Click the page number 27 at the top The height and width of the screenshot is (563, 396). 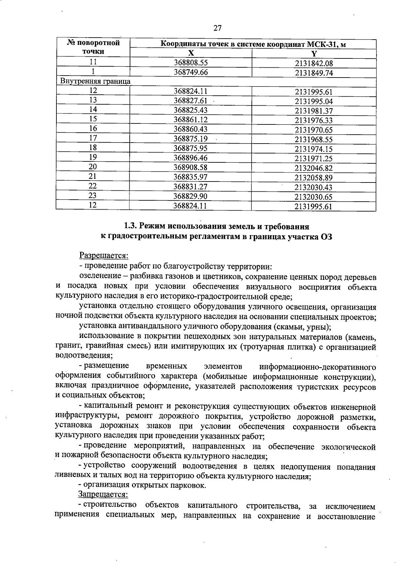pyautogui.click(x=217, y=28)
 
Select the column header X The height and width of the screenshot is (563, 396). pyautogui.click(x=191, y=54)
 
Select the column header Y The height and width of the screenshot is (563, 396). pyautogui.click(x=314, y=54)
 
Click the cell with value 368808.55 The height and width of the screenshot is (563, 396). pyautogui.click(x=191, y=63)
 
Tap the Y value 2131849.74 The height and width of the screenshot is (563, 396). pyautogui.click(x=314, y=73)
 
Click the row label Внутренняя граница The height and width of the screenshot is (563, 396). pyautogui.click(x=95, y=81)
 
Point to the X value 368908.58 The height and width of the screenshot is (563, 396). pyautogui.click(x=191, y=168)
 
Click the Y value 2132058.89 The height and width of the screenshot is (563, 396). pyautogui.click(x=314, y=178)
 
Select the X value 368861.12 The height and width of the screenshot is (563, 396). pyautogui.click(x=191, y=120)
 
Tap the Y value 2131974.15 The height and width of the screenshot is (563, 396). pyautogui.click(x=314, y=149)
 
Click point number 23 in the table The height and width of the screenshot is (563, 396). pyautogui.click(x=93, y=196)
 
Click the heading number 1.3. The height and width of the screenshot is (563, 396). pyautogui.click(x=130, y=226)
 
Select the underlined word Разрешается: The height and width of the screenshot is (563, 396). pyautogui.click(x=103, y=255)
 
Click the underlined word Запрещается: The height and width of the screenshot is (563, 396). pyautogui.click(x=103, y=494)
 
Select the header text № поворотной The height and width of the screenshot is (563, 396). pyautogui.click(x=93, y=43)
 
